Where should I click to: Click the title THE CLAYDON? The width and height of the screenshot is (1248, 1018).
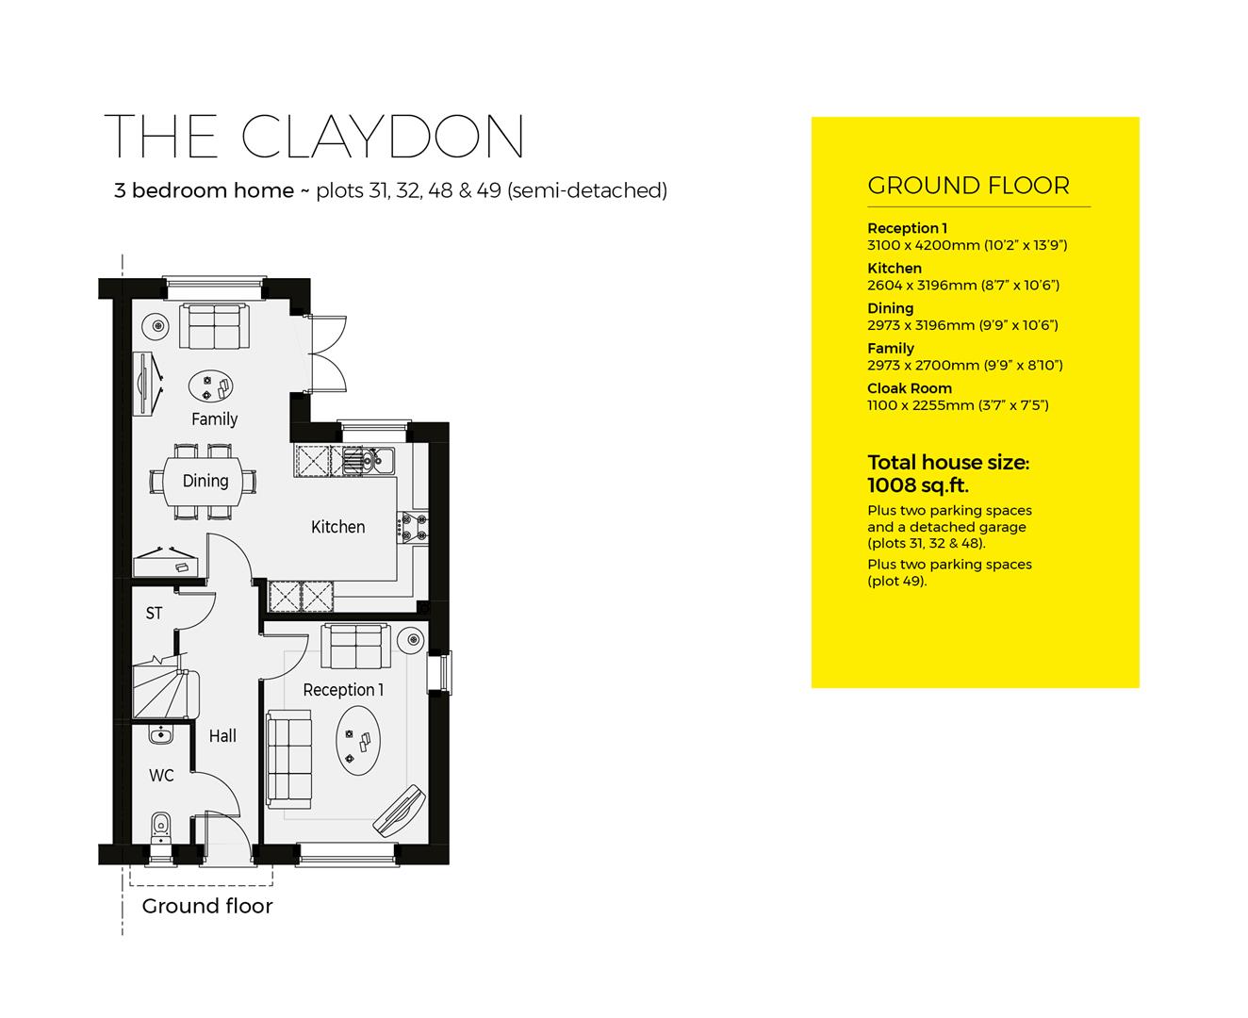pyautogui.click(x=314, y=137)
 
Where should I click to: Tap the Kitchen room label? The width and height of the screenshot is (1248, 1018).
pyautogui.click(x=337, y=527)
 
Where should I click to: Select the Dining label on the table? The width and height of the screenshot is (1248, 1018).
pyautogui.click(x=205, y=481)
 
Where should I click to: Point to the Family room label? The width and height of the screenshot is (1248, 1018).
pyautogui.click(x=214, y=419)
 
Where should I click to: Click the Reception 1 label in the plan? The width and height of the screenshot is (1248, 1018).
pyautogui.click(x=343, y=690)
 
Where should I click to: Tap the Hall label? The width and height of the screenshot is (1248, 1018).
pyautogui.click(x=222, y=736)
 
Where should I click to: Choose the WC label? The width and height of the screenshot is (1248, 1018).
pyautogui.click(x=161, y=776)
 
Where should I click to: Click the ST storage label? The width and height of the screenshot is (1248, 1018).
pyautogui.click(x=154, y=614)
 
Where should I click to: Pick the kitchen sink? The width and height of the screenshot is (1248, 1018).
pyautogui.click(x=368, y=460)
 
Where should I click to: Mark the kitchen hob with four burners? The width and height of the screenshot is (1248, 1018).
pyautogui.click(x=414, y=527)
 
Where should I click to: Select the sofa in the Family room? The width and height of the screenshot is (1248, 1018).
pyautogui.click(x=214, y=325)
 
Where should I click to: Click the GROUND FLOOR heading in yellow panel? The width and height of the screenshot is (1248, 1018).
pyautogui.click(x=968, y=186)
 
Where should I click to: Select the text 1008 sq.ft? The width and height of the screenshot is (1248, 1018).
pyautogui.click(x=917, y=485)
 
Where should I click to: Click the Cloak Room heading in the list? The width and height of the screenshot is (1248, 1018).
pyautogui.click(x=909, y=388)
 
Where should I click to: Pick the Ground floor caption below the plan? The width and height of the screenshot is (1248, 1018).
pyautogui.click(x=207, y=907)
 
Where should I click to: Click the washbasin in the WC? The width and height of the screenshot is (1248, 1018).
pyautogui.click(x=160, y=733)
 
